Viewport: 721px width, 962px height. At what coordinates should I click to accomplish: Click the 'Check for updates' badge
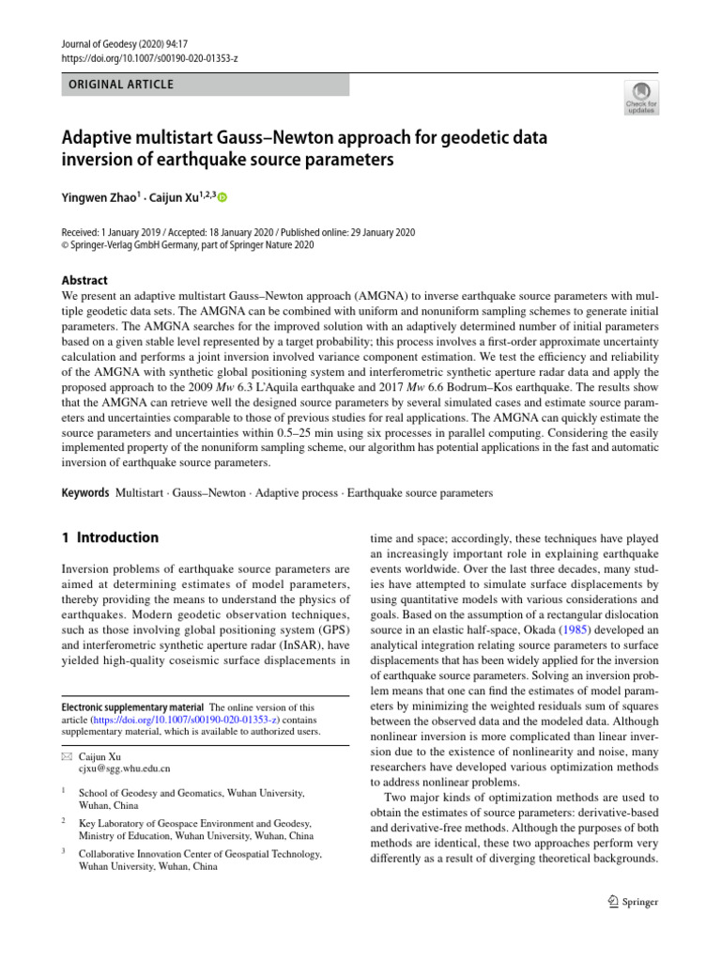[641, 98]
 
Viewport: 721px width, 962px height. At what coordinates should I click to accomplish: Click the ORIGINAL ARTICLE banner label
[117, 85]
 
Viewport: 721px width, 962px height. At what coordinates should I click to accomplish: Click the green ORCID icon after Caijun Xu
[223, 197]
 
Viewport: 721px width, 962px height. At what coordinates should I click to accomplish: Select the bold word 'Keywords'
[84, 492]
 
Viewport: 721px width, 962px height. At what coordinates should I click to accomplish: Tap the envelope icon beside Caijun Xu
[65, 755]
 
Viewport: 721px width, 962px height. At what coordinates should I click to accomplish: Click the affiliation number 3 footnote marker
[62, 853]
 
